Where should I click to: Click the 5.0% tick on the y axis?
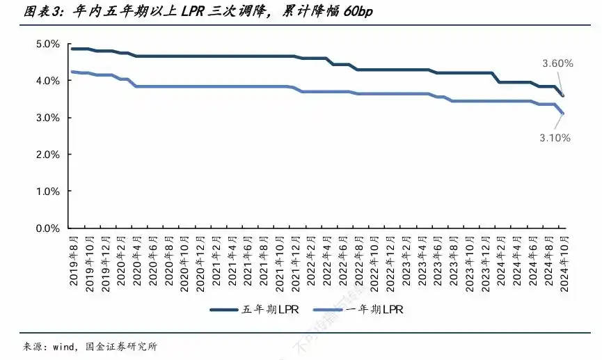coord(47,44)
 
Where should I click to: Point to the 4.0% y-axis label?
coord(47,81)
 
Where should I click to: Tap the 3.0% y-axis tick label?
coord(47,118)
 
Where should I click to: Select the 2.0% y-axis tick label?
coord(47,155)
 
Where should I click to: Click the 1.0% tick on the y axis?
coord(47,191)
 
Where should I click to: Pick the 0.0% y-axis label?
coord(47,228)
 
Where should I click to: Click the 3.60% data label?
coord(557,63)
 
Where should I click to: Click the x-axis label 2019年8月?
coord(74,260)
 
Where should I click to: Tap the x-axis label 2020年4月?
coord(137,260)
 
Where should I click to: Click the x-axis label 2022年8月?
coord(359,260)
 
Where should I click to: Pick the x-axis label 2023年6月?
coord(438,260)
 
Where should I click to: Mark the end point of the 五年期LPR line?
coord(563,95)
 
